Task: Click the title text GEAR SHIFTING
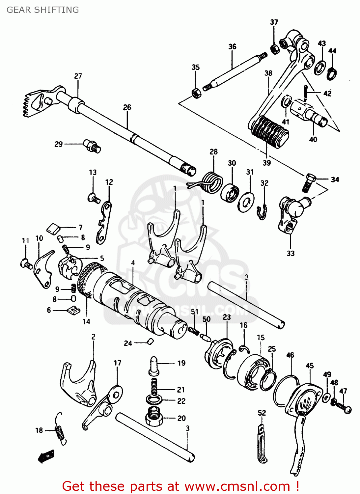point(43,10)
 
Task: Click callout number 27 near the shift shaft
point(78,76)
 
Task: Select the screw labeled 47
point(344,408)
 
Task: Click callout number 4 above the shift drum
point(133,262)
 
